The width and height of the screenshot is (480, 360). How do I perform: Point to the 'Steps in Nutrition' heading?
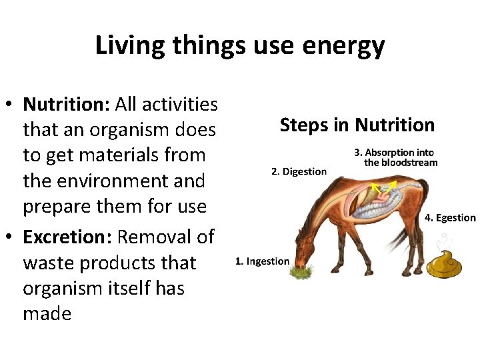tap(357, 125)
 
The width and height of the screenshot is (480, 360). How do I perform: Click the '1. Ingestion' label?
tap(262, 261)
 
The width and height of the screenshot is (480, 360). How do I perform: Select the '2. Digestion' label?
tap(299, 171)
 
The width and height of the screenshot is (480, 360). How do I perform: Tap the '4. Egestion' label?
tap(450, 218)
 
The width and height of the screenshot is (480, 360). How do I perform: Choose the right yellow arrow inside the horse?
tap(392, 185)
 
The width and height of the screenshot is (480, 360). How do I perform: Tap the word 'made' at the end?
tap(47, 313)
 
